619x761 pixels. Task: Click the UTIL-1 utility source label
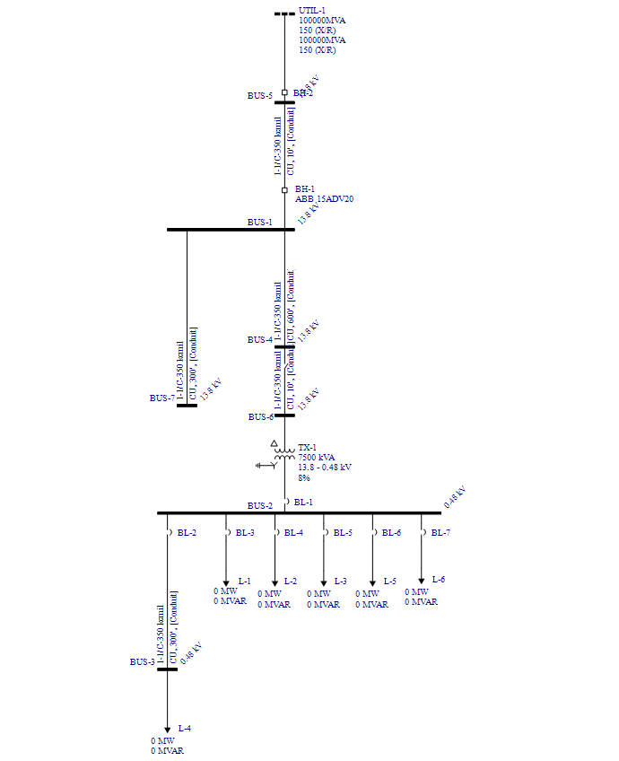(x=312, y=10)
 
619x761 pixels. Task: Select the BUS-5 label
(x=260, y=95)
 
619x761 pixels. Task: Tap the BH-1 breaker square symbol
(x=284, y=189)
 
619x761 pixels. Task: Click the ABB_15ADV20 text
(x=325, y=199)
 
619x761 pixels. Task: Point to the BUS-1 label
(x=260, y=222)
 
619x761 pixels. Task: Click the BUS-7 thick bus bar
(x=187, y=406)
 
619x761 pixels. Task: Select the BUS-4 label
(x=260, y=340)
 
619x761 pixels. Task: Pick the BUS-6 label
(x=260, y=417)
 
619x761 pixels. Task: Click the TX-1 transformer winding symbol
(x=284, y=456)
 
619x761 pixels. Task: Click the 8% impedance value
(x=304, y=477)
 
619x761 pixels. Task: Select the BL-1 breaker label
(x=303, y=503)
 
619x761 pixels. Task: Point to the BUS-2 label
(x=260, y=506)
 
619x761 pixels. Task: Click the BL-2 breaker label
(x=187, y=533)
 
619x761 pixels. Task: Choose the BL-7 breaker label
(x=440, y=533)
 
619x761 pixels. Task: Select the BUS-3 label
(x=142, y=662)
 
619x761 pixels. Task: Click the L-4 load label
(x=185, y=727)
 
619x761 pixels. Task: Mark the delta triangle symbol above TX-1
(x=275, y=443)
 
